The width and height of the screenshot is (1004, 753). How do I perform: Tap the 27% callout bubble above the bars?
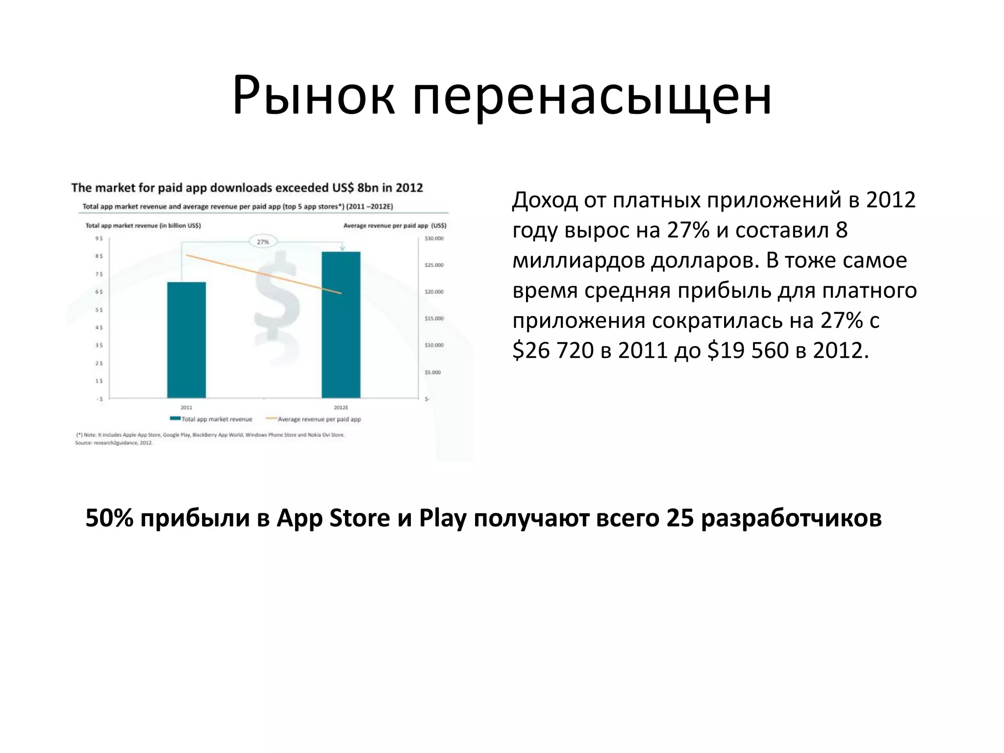[x=263, y=242]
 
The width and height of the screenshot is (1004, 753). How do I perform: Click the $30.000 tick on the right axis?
[x=433, y=239]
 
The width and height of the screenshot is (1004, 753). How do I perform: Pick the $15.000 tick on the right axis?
[x=433, y=319]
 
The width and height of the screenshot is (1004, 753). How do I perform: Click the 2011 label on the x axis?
[x=186, y=407]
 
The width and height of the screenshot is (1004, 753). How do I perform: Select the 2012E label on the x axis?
[x=341, y=407]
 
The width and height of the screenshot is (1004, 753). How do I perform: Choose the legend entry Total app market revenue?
[x=216, y=419]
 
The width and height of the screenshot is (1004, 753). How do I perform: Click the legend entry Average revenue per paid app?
[x=319, y=419]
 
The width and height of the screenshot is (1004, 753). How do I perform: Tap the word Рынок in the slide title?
[x=314, y=96]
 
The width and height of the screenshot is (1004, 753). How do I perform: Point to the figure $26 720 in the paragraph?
[x=553, y=351]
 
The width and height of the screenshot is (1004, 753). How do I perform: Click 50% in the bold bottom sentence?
[x=109, y=518]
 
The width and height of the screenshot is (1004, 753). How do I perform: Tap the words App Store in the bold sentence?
[x=333, y=518]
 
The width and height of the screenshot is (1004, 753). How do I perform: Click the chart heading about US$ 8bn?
[x=247, y=188]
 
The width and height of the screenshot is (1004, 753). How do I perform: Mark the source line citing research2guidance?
[x=114, y=443]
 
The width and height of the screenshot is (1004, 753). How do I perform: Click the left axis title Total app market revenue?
[x=143, y=226]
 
